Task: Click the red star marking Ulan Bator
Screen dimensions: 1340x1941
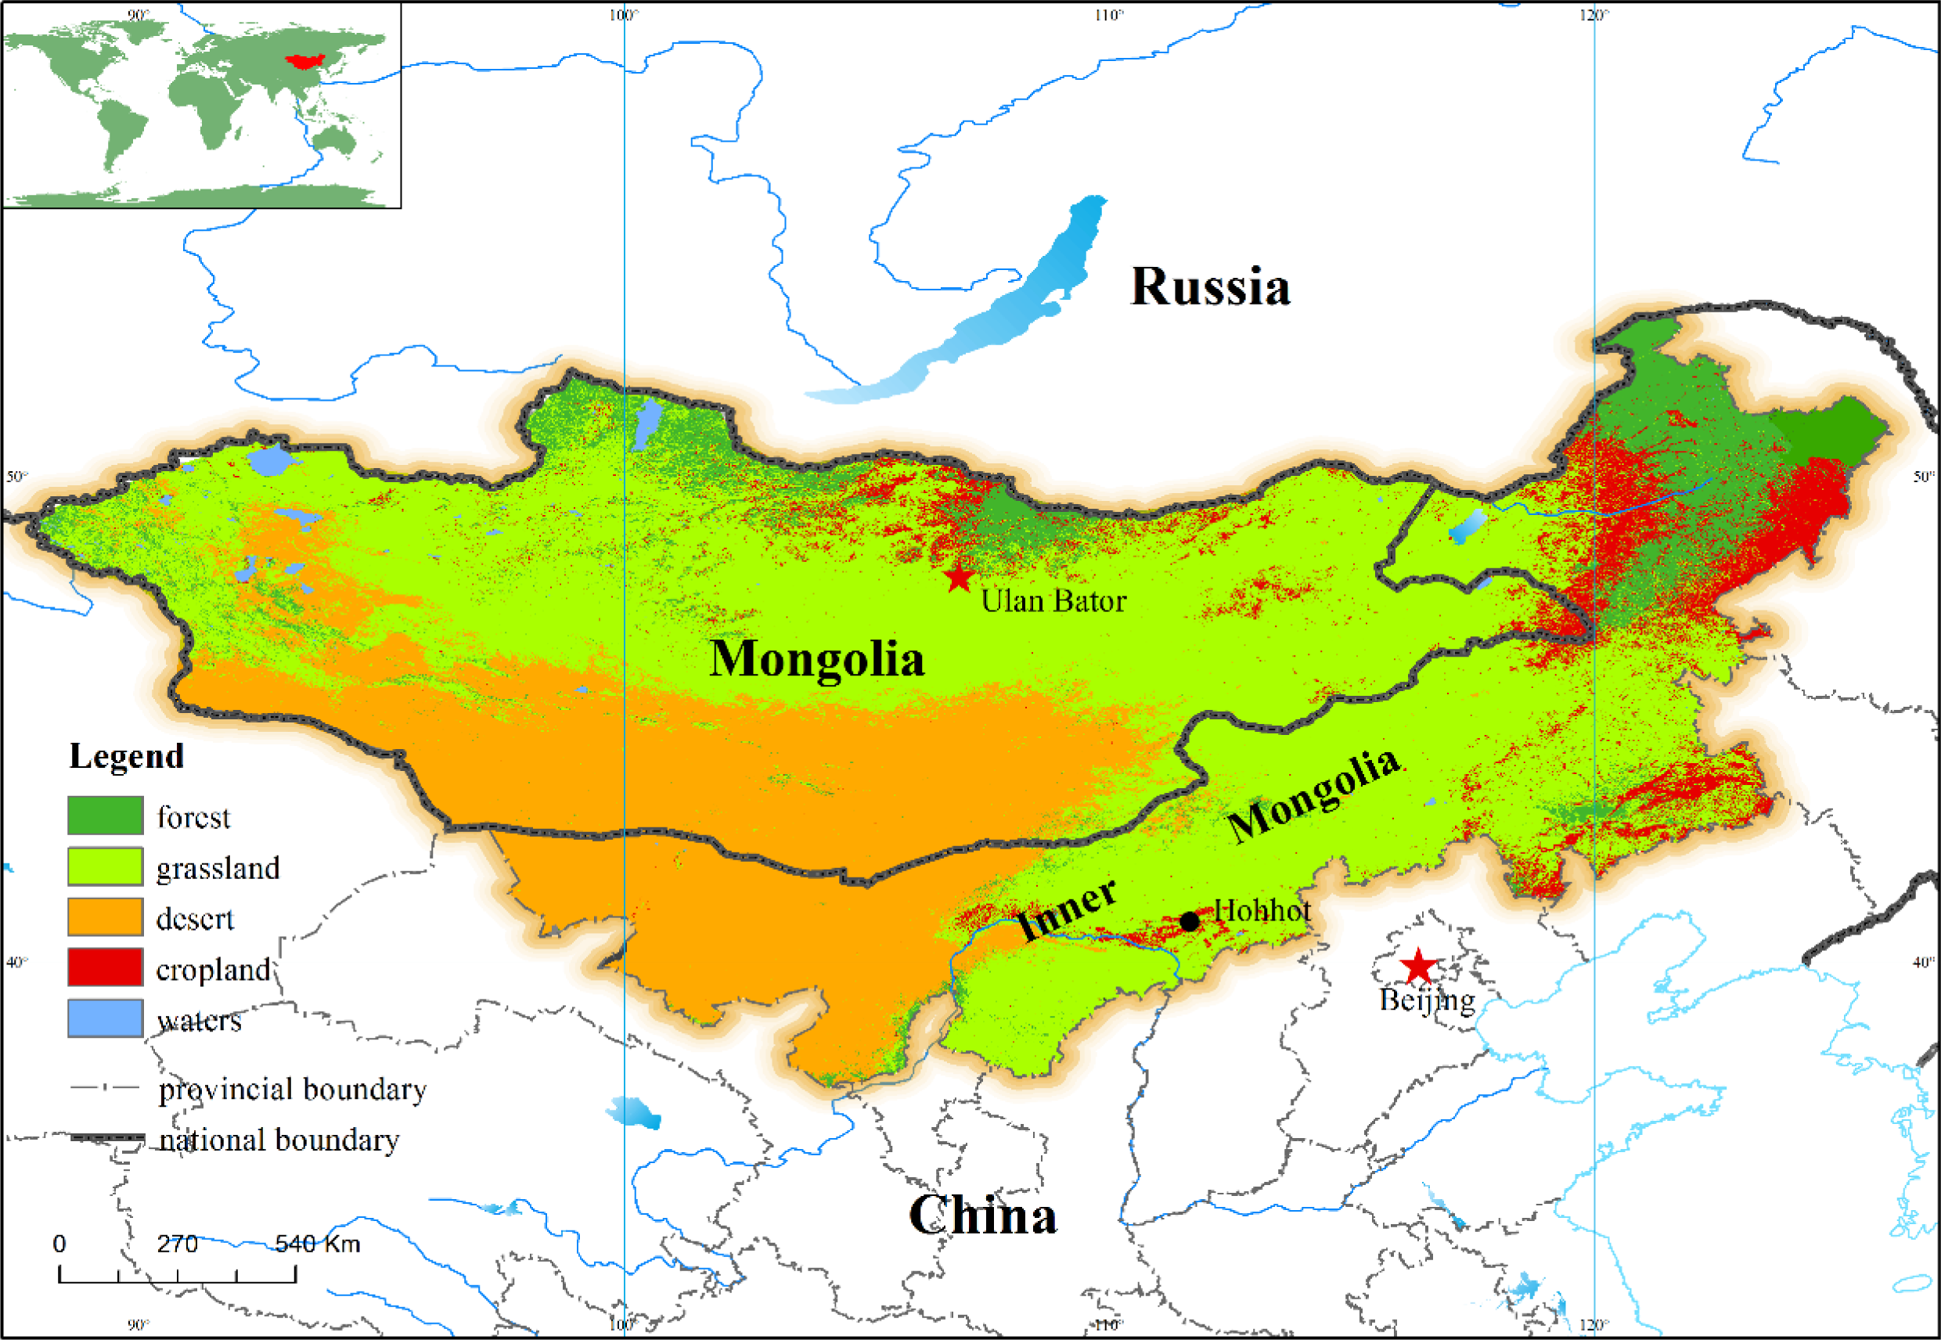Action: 958,578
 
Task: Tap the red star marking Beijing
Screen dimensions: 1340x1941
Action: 1418,967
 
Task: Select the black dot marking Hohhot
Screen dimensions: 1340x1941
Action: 1190,921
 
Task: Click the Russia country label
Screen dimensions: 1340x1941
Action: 1210,287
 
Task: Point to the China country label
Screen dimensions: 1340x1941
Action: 982,1215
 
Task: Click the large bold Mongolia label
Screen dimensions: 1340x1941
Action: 816,659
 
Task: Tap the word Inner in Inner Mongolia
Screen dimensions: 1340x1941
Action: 1066,910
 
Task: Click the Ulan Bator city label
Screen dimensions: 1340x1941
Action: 1053,601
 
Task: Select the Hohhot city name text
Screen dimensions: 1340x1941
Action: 1262,910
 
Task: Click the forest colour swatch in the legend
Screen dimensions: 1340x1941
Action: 105,816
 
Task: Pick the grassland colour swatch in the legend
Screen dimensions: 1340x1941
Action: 105,866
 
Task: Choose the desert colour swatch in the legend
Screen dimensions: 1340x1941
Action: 105,917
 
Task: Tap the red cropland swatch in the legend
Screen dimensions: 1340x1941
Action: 105,967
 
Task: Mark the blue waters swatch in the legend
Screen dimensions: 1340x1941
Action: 105,1018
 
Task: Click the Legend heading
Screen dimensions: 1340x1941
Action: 126,756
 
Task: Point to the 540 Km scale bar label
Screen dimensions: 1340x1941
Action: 317,1244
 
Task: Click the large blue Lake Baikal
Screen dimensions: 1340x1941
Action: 1007,311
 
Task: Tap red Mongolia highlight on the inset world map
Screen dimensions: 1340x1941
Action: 304,60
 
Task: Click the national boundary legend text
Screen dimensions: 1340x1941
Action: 279,1140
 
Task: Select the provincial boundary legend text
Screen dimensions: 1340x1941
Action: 292,1089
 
